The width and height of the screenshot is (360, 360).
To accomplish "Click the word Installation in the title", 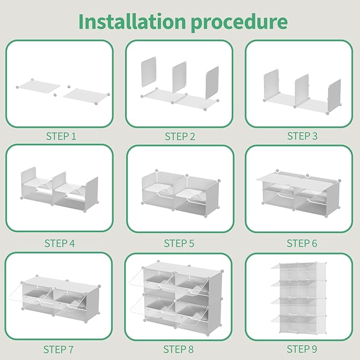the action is [x=132, y=21].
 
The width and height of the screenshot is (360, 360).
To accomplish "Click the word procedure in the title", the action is [x=239, y=23].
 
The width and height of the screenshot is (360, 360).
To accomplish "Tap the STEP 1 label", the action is [x=61, y=136].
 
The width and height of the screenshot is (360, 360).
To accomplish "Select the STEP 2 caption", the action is [x=180, y=136].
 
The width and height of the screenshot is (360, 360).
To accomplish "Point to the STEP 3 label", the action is [x=302, y=136].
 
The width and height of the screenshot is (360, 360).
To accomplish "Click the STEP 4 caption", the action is [x=60, y=243].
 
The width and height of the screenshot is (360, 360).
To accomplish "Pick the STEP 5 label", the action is [x=179, y=243].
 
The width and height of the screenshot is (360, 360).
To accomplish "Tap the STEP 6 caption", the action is [x=302, y=243].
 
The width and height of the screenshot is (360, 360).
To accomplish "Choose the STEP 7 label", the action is [x=58, y=349].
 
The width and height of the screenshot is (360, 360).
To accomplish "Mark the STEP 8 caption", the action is [x=178, y=349].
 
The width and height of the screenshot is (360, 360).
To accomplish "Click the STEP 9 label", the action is [x=302, y=349].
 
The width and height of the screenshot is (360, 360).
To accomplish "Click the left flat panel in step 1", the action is [x=39, y=86].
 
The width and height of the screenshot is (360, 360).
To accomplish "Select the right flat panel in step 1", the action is [x=86, y=96].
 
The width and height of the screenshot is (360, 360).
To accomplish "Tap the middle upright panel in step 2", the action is [x=179, y=77].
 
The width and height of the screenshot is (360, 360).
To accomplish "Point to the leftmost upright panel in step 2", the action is [x=148, y=72].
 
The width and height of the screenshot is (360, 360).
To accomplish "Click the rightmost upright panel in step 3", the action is [x=334, y=95].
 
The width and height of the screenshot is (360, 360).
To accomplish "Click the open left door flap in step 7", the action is [x=15, y=294].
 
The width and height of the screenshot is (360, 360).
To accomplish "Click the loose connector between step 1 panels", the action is [x=55, y=95].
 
